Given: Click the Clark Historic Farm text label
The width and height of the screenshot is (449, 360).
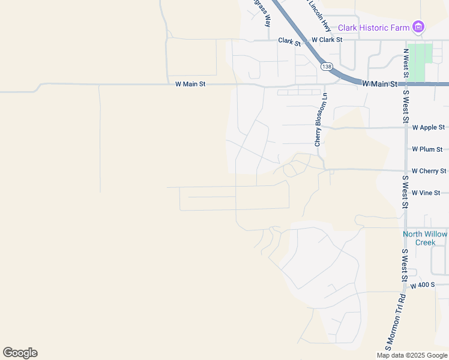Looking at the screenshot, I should tap(373, 27).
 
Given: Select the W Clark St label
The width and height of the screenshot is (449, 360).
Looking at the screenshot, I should tap(327, 40).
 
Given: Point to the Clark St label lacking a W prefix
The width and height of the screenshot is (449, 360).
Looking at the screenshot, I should tap(289, 42).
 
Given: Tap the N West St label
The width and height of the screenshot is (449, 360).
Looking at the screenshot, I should tap(406, 64).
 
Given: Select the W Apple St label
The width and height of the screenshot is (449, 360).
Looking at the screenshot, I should tap(429, 127).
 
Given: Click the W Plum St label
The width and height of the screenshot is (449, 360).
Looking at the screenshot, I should tap(427, 149).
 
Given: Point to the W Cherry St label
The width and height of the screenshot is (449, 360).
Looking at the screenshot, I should tap(429, 171).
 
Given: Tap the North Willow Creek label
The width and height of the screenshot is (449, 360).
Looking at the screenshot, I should tap(425, 238).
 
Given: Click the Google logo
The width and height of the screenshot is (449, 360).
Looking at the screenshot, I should tap(20, 353).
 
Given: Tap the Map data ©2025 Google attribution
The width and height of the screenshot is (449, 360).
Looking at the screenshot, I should tap(412, 355).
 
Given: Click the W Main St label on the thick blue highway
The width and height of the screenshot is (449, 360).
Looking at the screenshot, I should tap(381, 85).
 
